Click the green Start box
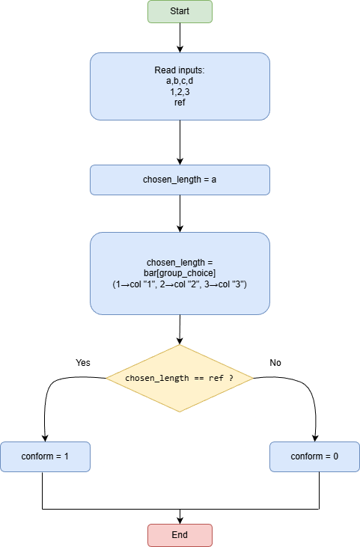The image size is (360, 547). pyautogui.click(x=180, y=11)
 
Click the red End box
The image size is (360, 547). pyautogui.click(x=180, y=535)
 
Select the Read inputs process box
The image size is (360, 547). pyautogui.click(x=180, y=86)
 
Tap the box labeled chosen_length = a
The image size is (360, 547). pyautogui.click(x=180, y=180)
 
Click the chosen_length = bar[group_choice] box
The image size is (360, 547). pyautogui.click(x=180, y=273)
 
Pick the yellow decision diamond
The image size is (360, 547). pyautogui.click(x=180, y=378)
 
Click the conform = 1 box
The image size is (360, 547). pyautogui.click(x=45, y=456)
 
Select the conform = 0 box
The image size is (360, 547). pyautogui.click(x=314, y=456)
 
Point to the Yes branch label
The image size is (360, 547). pyautogui.click(x=83, y=362)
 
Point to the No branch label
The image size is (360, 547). pyautogui.click(x=275, y=362)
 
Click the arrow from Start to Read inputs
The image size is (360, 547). pyautogui.click(x=180, y=37)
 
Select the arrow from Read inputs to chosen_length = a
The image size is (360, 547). pyautogui.click(x=180, y=142)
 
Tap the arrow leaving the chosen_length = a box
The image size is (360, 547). pyautogui.click(x=180, y=213)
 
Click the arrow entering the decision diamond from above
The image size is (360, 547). pyautogui.click(x=180, y=329)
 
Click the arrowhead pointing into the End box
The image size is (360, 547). pyautogui.click(x=180, y=519)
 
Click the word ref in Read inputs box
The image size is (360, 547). pyautogui.click(x=180, y=103)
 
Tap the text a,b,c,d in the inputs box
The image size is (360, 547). pyautogui.click(x=180, y=81)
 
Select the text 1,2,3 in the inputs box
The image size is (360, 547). pyautogui.click(x=180, y=91)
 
